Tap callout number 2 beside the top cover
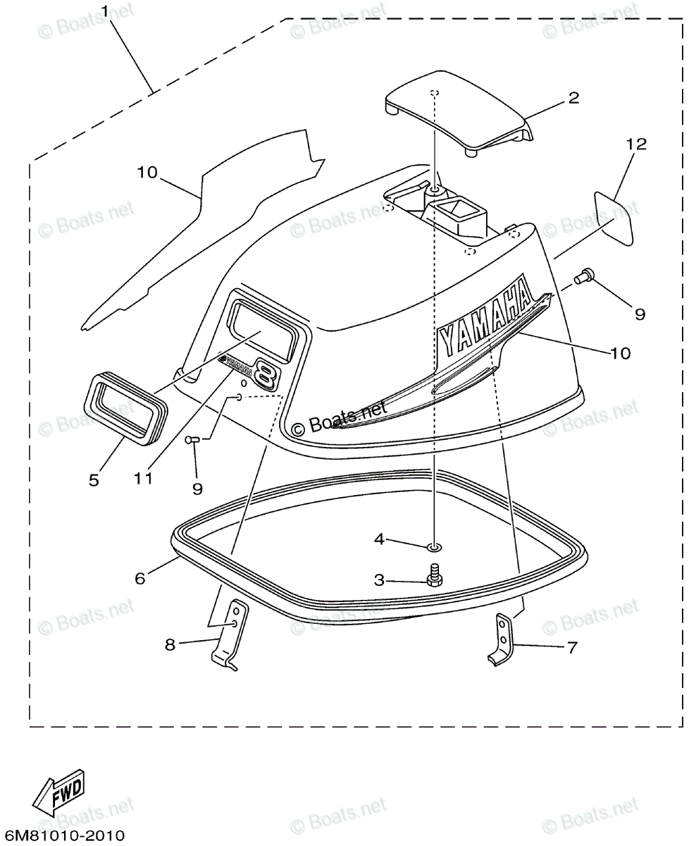coord(573,98)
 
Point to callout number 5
coord(94,479)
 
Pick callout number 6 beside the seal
coord(139,577)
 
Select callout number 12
coord(635,145)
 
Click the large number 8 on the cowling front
coord(266,373)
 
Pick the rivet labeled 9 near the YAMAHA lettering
coord(581,279)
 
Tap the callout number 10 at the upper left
coord(148,173)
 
